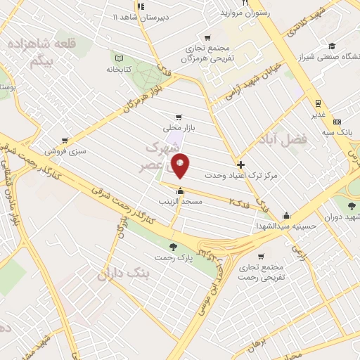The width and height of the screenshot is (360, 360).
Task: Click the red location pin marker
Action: [x=180, y=166]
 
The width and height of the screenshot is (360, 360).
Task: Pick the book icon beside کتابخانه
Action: [x=119, y=58]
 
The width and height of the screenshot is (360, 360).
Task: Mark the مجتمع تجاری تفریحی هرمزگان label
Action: [x=204, y=54]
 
